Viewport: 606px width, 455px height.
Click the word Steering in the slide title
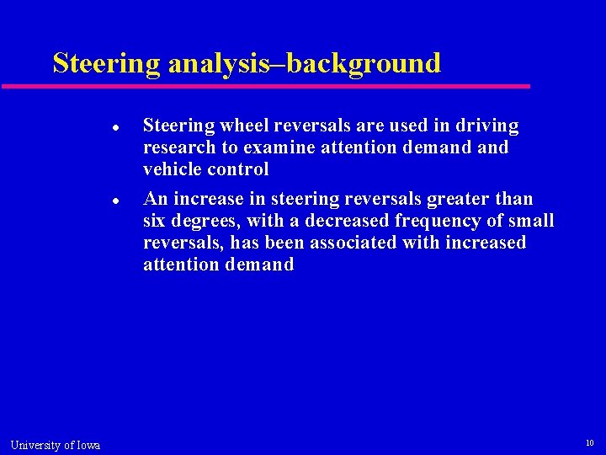coord(106,64)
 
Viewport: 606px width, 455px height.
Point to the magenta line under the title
coord(266,86)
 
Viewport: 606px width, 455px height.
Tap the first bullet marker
coord(114,128)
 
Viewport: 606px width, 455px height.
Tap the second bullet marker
coord(114,201)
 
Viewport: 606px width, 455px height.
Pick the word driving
coord(487,126)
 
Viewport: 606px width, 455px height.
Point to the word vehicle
coord(173,169)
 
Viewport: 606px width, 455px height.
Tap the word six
coord(156,222)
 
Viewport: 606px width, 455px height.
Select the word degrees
coord(207,222)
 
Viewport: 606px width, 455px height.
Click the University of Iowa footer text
coord(56,445)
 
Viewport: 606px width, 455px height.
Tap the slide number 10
coord(590,442)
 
